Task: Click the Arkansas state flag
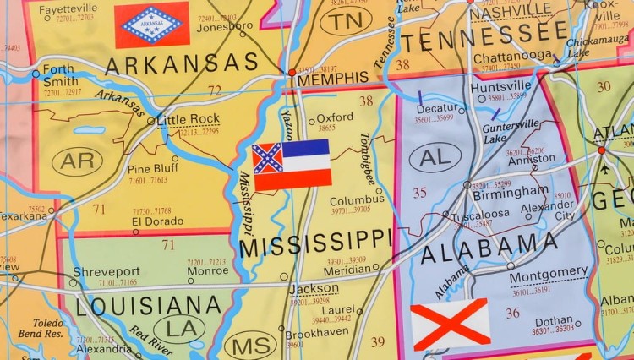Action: point(152,24)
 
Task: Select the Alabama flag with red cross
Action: point(451,324)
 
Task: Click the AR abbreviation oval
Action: point(77,161)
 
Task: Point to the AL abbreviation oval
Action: point(435,155)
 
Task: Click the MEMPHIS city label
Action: point(333,79)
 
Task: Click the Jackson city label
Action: point(313,288)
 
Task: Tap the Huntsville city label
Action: point(500,86)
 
